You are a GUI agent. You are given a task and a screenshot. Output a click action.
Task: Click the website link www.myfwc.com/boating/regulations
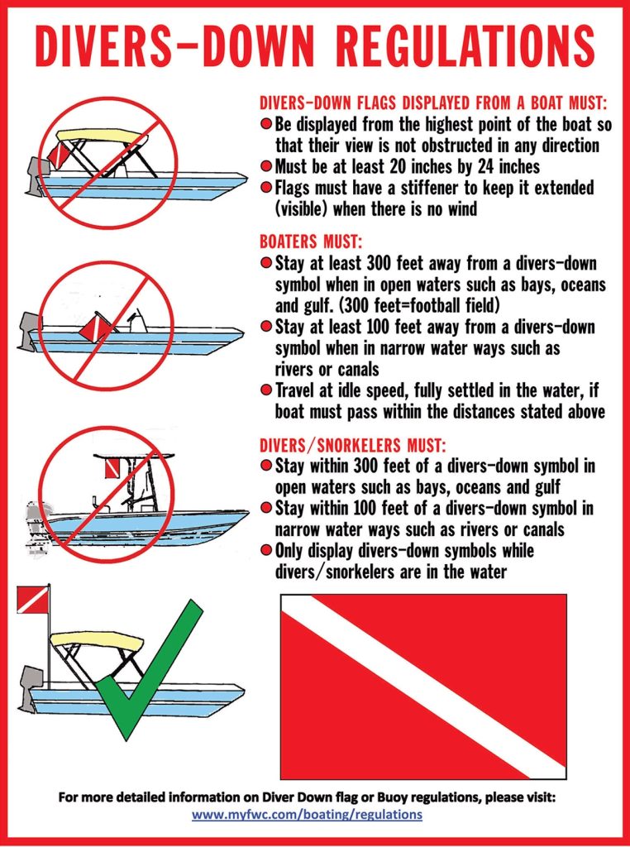tap(308, 814)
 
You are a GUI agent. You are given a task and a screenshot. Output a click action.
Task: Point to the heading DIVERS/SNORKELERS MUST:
tap(353, 445)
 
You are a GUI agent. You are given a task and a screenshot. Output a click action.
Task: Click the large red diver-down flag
tap(423, 686)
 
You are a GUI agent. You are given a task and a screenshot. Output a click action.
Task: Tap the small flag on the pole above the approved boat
tap(32, 600)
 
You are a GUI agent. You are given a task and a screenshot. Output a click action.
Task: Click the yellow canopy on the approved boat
tap(96, 641)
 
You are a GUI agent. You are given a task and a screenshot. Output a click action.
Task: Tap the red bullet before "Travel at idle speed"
tap(265, 390)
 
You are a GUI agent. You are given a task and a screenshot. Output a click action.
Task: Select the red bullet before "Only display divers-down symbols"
tap(265, 551)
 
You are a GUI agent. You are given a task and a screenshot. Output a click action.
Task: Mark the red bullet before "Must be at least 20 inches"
tap(265, 166)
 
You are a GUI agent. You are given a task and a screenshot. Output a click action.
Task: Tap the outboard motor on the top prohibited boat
tap(34, 175)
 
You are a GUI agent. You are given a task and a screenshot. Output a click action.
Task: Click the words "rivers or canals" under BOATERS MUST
tap(327, 370)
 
